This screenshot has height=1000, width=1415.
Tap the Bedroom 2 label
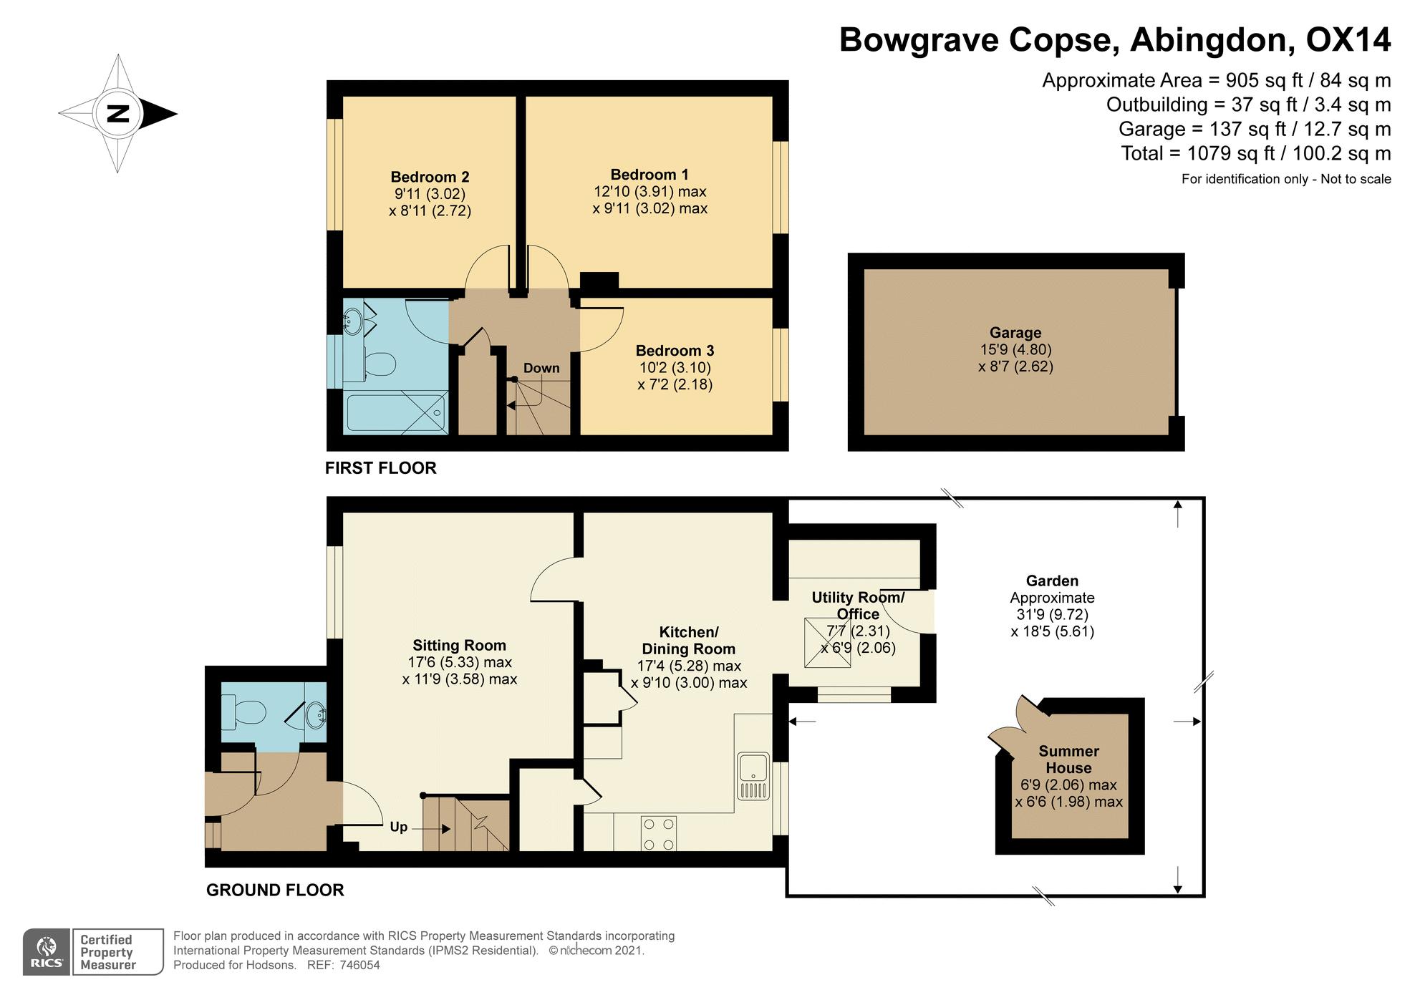pos(430,177)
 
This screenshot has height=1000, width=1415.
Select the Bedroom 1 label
pos(649,175)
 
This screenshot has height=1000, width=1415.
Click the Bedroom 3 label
pos(675,351)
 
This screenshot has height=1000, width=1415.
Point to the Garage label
pos(1015,333)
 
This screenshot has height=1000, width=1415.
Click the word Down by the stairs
pos(541,368)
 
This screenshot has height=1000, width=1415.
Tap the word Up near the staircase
pos(399,827)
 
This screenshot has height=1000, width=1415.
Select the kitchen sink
pos(753,776)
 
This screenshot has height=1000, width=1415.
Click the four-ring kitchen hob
pos(659,832)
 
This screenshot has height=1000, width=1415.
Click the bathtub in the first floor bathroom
pos(396,412)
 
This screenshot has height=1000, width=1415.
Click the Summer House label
pos(1068,759)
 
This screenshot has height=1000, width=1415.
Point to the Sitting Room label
pos(459,646)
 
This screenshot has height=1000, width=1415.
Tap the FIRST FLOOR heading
pos(380,468)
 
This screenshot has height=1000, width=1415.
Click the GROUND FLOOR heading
pos(275,890)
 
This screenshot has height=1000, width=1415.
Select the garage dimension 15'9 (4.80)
pos(1015,350)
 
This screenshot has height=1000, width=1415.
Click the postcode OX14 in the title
pos(1348,39)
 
